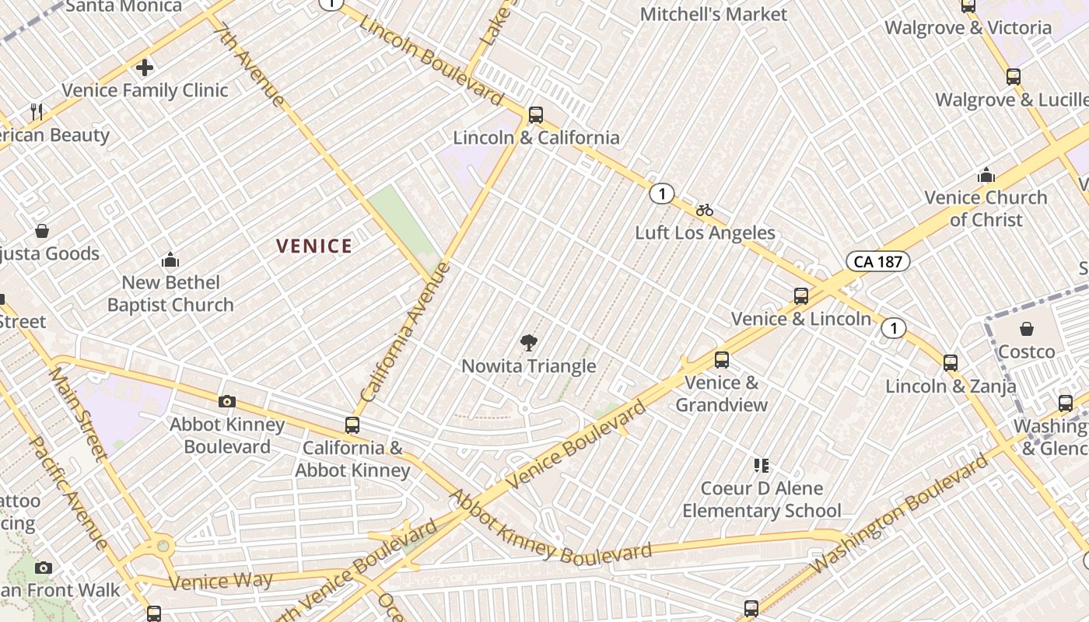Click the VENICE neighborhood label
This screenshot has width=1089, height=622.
pyautogui.click(x=314, y=246)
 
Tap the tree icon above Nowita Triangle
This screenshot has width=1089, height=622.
pyautogui.click(x=529, y=343)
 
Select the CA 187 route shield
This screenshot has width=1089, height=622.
pyautogui.click(x=878, y=261)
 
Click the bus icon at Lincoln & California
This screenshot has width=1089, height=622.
pyautogui.click(x=535, y=115)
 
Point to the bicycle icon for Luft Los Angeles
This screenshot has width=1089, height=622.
pyautogui.click(x=705, y=210)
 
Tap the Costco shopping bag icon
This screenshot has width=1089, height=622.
pyautogui.click(x=1027, y=329)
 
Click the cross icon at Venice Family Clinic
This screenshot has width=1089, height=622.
pyautogui.click(x=145, y=68)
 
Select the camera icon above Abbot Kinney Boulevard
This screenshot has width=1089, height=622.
pyautogui.click(x=227, y=401)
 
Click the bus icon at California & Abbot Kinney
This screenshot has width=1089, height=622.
pyautogui.click(x=352, y=425)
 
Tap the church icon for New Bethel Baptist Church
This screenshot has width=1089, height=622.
pyautogui.click(x=170, y=260)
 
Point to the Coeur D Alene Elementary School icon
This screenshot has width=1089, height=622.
pyautogui.click(x=762, y=466)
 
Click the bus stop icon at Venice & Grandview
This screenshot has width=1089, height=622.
pyautogui.click(x=722, y=360)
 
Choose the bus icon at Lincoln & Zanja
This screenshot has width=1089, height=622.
pyautogui.click(x=951, y=363)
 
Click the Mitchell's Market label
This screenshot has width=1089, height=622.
pyautogui.click(x=713, y=14)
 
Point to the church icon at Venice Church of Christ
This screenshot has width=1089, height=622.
pyautogui.click(x=986, y=174)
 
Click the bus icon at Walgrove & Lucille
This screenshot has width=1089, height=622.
pyautogui.click(x=1013, y=77)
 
